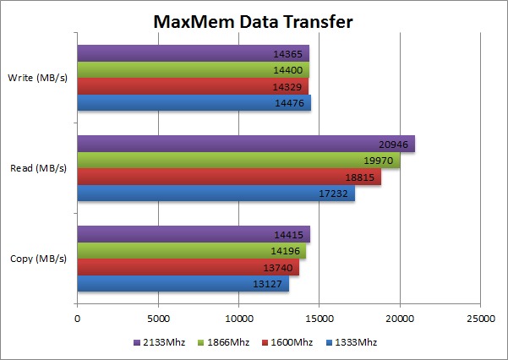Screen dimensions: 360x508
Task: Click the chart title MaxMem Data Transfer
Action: point(252,20)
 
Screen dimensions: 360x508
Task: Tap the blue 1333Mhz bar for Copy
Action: point(183,284)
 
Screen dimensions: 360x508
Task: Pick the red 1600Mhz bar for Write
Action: point(192,87)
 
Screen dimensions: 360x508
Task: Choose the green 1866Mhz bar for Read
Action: point(238,161)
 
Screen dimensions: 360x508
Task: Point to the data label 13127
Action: point(268,284)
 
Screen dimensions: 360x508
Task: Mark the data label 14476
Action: point(290,103)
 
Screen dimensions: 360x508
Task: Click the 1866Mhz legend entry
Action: point(217,342)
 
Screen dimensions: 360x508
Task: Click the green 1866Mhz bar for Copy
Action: point(191,251)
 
